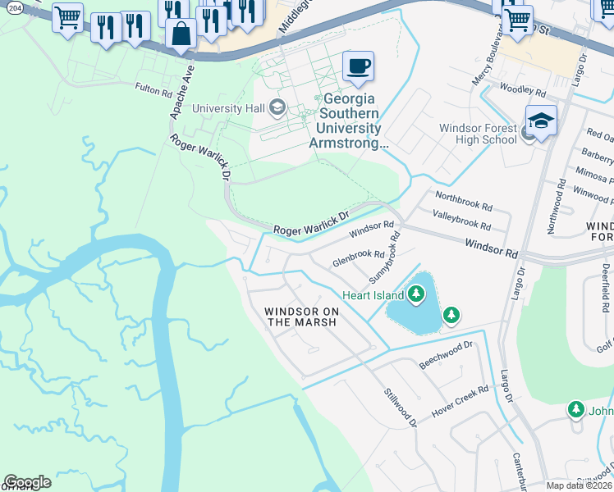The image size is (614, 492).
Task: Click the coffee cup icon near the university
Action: pyautogui.click(x=357, y=66)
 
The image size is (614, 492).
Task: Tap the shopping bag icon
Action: pyautogui.click(x=181, y=34)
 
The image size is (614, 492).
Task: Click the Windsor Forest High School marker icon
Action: pyautogui.click(x=541, y=121)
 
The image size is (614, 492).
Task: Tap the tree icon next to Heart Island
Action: pyautogui.click(x=416, y=294)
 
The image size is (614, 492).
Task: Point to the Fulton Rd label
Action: pyautogui.click(x=158, y=87)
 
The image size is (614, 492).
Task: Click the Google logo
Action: pyautogui.click(x=27, y=482)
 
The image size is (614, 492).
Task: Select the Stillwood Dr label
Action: pyautogui.click(x=401, y=407)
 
